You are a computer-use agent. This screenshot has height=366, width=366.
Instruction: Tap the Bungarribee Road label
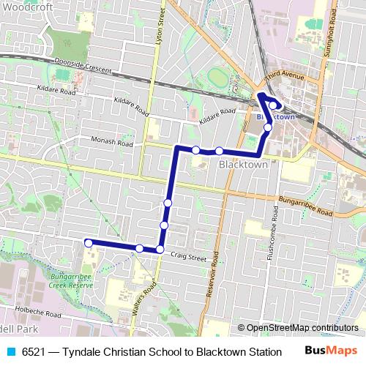305,209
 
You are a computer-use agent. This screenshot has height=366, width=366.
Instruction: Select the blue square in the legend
10,351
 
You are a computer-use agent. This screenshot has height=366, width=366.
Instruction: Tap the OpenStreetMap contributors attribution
302,328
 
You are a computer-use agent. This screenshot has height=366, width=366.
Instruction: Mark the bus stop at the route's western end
88,242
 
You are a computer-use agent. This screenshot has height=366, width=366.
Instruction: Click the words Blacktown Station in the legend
245,351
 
